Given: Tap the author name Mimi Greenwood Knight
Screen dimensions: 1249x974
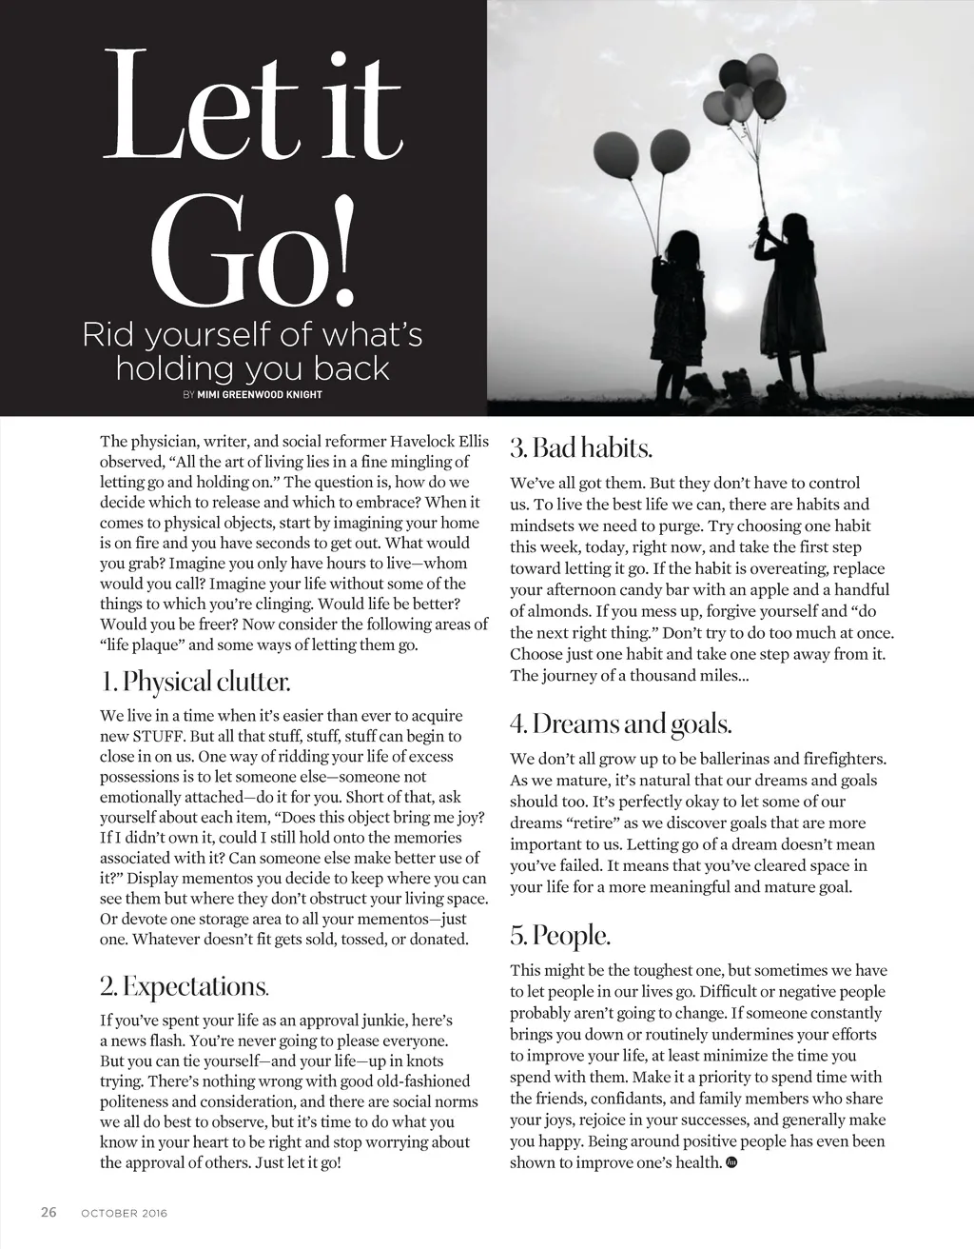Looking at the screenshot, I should pos(259,394).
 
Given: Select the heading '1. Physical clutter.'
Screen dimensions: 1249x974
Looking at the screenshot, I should pos(195,683).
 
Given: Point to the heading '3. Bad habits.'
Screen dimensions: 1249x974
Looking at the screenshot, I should pos(580,447).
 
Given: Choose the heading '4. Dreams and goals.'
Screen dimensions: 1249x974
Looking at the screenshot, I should pos(620,724).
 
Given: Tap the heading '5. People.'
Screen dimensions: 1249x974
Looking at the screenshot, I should pos(559,936).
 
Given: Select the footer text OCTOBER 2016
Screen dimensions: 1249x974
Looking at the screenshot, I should pos(124,1214).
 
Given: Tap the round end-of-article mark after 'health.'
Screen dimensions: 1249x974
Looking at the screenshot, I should pos(731,1162).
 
